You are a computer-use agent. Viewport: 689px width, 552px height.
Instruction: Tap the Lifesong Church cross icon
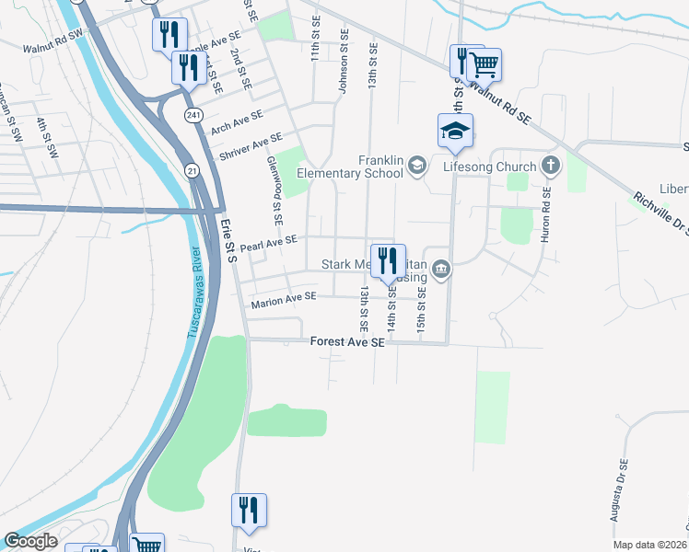pyautogui.click(x=550, y=167)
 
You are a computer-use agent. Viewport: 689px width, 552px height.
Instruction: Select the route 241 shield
pyautogui.click(x=193, y=115)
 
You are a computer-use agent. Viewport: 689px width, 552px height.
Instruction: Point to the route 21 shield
pyautogui.click(x=193, y=171)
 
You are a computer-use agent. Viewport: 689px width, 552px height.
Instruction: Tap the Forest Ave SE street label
pyautogui.click(x=346, y=341)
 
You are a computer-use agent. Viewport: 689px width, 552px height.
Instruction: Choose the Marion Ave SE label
pyautogui.click(x=283, y=297)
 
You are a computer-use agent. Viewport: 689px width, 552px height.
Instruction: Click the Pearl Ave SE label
pyautogui.click(x=268, y=244)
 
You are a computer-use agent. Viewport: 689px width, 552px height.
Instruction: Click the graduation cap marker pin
pyautogui.click(x=455, y=132)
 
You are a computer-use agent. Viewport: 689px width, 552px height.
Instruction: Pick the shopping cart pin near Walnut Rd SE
pyautogui.click(x=485, y=64)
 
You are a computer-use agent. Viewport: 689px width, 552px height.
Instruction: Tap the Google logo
pyautogui.click(x=30, y=541)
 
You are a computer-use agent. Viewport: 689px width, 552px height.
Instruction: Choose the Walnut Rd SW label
pyautogui.click(x=53, y=46)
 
